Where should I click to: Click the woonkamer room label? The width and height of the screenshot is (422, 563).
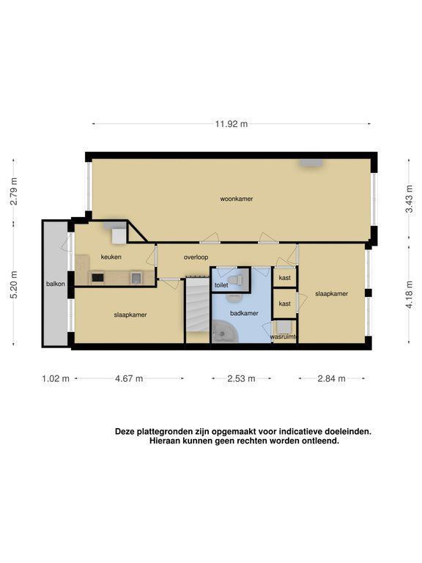[x=237, y=199]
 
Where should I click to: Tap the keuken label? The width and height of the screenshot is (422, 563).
[x=111, y=257]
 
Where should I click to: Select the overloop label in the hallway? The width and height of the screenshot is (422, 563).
[x=196, y=257]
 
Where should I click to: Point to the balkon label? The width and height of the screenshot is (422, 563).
[x=55, y=284]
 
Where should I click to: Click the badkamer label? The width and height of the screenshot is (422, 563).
[x=244, y=313]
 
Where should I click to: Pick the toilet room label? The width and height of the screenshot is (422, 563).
[x=221, y=285]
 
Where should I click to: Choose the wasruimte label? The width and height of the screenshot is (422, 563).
[x=284, y=336]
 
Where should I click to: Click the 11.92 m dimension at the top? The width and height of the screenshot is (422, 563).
[x=231, y=124]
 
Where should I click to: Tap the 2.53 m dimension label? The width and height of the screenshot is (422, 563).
[x=241, y=378]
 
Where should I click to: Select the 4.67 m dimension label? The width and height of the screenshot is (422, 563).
[x=129, y=378]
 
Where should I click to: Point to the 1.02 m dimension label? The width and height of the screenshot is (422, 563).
[x=56, y=378]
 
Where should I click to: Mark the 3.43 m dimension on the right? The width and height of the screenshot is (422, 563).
[x=409, y=199]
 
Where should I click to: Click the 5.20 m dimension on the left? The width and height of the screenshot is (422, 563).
[x=14, y=284]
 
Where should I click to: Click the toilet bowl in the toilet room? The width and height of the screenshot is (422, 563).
[x=236, y=280]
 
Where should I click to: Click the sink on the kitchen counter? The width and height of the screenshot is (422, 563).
[x=137, y=278]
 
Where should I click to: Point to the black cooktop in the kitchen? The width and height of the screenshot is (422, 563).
[x=97, y=278]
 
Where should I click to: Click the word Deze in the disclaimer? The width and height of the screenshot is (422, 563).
[x=125, y=432]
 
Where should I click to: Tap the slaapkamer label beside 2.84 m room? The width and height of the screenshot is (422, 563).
[x=332, y=294]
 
